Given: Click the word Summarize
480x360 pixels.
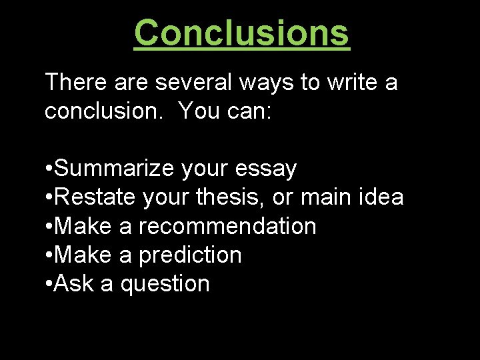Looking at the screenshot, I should [115, 169].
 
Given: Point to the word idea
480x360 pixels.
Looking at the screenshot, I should [379, 197].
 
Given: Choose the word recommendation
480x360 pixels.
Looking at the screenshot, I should [227, 226].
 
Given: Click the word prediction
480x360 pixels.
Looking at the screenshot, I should [190, 255].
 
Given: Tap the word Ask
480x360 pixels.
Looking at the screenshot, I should [74, 283].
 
